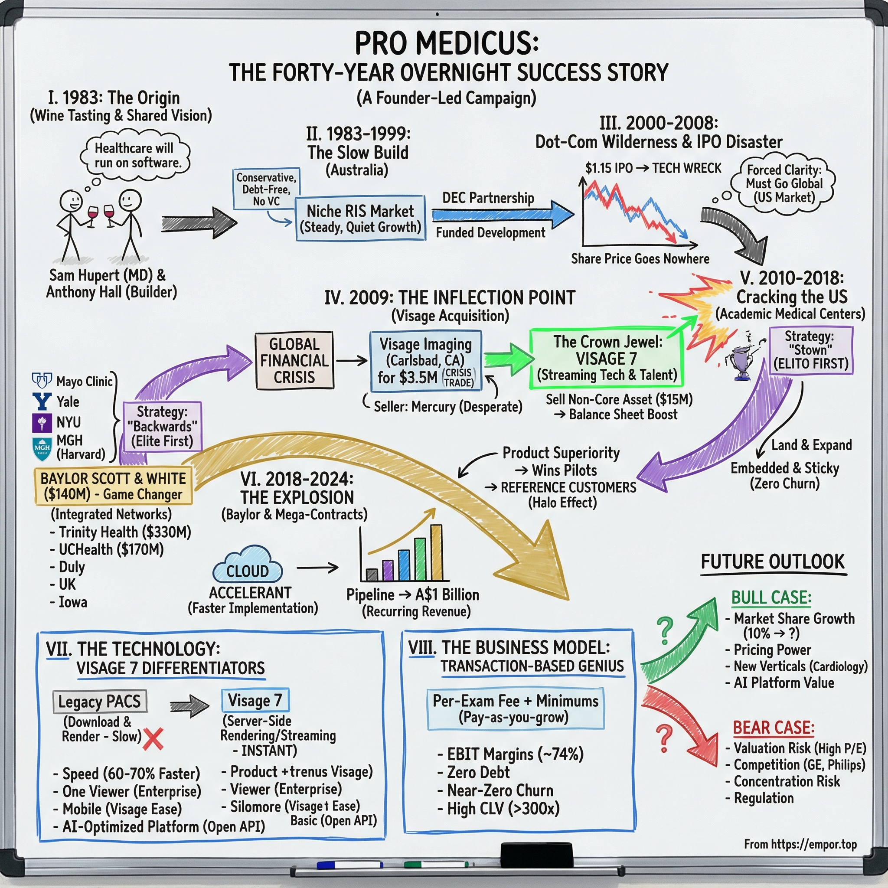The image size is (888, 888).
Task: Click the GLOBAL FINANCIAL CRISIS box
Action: point(294,360)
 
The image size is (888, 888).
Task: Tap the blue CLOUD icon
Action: point(247,565)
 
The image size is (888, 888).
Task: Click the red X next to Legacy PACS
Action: point(153,739)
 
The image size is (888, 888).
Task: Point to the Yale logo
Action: point(42,401)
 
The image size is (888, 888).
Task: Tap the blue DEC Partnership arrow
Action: point(501,215)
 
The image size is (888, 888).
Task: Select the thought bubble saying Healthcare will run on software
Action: point(135,155)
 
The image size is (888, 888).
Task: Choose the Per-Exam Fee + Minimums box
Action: point(515,708)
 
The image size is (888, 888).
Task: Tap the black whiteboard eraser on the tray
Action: point(536,855)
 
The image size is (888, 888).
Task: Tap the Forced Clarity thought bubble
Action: point(784,184)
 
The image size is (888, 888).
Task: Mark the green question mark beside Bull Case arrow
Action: point(665,630)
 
